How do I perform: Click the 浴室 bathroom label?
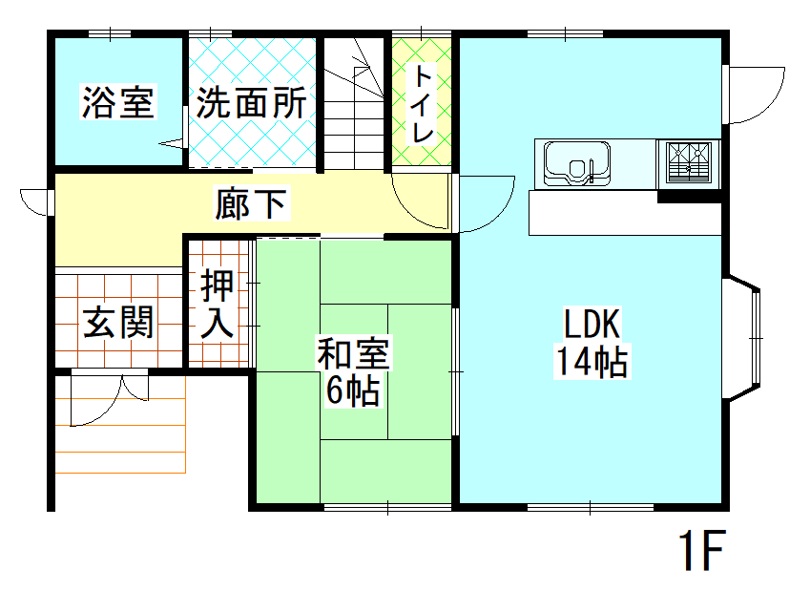tap(117, 102)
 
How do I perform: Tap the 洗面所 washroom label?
tap(252, 102)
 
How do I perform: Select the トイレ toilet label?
tap(423, 104)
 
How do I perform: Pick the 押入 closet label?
tap(218, 304)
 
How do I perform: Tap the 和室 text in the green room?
tap(353, 354)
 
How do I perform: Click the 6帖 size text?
tap(353, 390)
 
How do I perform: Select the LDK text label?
tap(592, 325)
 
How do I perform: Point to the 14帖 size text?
tap(592, 362)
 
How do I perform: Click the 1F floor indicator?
tap(701, 551)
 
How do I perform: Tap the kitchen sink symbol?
tap(578, 162)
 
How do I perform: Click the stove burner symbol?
tap(688, 162)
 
